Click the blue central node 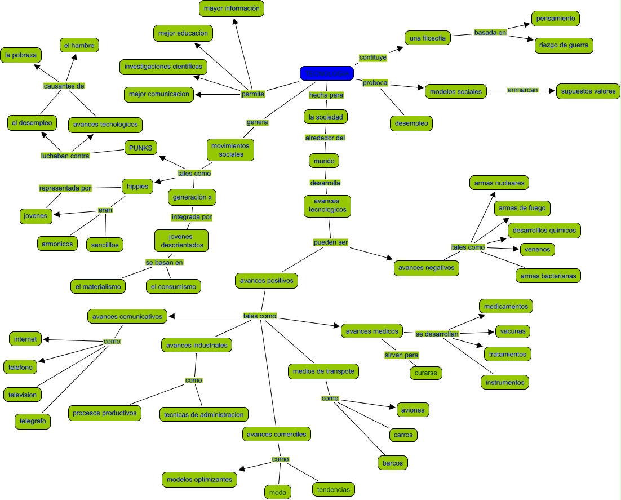(327, 73)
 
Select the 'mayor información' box (232, 9)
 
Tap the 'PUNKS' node (140, 148)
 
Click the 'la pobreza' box (21, 55)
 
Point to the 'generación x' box (192, 197)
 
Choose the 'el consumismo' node (173, 286)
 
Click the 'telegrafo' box (33, 421)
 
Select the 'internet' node (25, 339)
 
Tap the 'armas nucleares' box (499, 183)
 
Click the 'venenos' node (537, 249)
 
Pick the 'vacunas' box (512, 331)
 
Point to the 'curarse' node (426, 373)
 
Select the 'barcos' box (392, 463)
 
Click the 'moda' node (278, 493)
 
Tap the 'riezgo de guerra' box (564, 46)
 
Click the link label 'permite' (252, 94)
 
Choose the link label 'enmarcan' (523, 90)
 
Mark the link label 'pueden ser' (331, 242)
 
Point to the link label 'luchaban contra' (65, 156)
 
